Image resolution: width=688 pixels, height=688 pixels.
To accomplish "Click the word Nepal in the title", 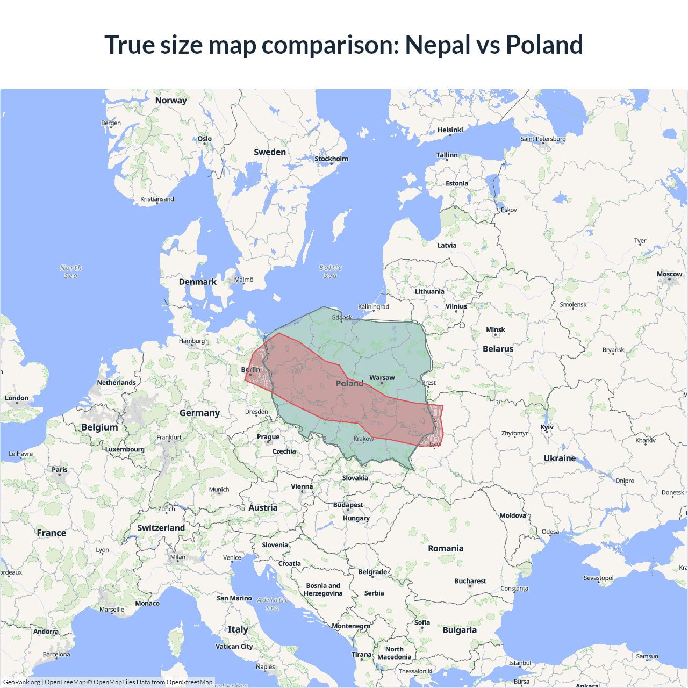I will (x=438, y=45).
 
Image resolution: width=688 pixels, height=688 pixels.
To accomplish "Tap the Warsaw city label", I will (x=382, y=378).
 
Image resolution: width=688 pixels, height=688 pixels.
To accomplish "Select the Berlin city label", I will (x=250, y=370).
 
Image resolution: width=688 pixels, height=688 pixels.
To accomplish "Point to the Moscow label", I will (x=669, y=274).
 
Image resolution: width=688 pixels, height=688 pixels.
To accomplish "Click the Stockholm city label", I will (x=331, y=159).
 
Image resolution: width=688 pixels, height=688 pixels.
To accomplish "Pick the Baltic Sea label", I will (x=330, y=271).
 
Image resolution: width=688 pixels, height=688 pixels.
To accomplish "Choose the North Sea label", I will (x=70, y=271).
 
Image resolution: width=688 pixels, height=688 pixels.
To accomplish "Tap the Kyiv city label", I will (x=547, y=427).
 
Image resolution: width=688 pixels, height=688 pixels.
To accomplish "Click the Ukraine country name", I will (x=560, y=458).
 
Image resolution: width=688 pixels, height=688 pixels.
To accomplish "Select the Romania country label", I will (x=446, y=549).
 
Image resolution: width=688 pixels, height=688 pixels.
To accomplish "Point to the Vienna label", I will (x=302, y=487).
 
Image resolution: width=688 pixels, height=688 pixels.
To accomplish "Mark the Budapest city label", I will (x=348, y=505).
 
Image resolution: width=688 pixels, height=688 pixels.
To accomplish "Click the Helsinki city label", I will (x=450, y=130).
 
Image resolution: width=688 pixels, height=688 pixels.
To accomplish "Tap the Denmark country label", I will (x=197, y=282).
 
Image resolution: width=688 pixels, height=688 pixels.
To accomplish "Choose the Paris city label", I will (x=60, y=470).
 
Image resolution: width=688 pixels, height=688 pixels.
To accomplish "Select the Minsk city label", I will (x=495, y=330).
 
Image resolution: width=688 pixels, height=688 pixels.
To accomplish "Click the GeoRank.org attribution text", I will (x=21, y=682).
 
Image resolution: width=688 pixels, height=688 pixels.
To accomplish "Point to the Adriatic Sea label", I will (x=273, y=604).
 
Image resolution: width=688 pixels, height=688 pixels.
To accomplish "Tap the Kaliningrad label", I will (x=373, y=307).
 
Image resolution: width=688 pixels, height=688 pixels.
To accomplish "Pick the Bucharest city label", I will (x=470, y=582).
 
